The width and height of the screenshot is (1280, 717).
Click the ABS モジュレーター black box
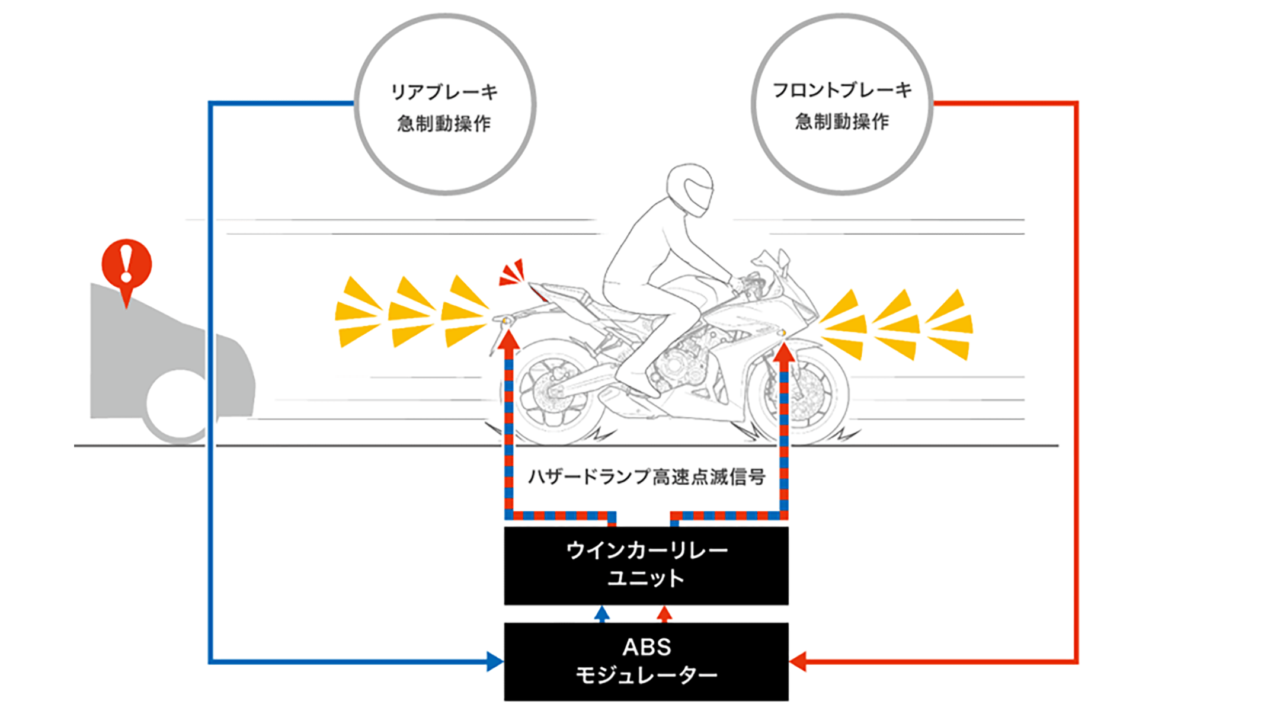646,661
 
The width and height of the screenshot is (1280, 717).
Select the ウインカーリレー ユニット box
646,565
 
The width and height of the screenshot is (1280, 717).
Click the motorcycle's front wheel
800,394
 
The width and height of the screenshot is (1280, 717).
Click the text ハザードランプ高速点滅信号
646,476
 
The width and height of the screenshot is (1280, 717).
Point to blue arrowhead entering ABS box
494,661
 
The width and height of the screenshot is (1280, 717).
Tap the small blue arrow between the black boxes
602,613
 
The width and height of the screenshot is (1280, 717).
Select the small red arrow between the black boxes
665,613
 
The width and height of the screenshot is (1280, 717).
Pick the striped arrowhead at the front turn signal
784,352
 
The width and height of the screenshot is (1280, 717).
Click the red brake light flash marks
512,273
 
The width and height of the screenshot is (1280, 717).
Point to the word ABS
647,647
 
